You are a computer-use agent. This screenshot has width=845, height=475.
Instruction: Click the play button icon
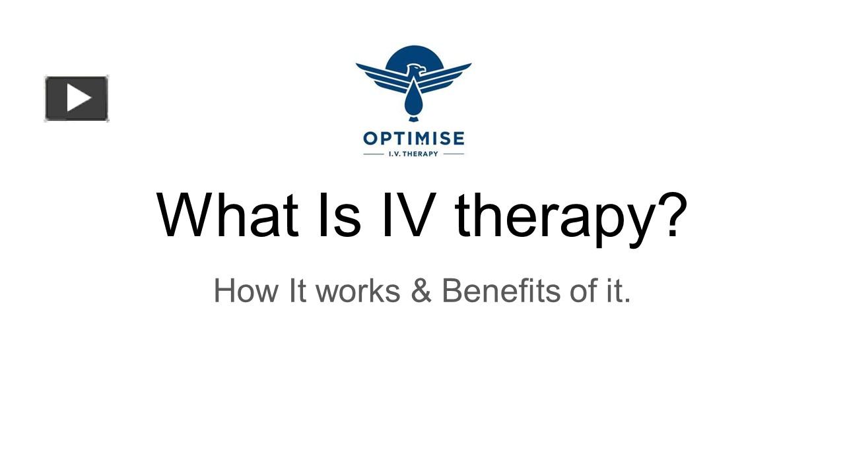77,98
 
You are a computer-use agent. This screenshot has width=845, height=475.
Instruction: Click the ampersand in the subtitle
421,291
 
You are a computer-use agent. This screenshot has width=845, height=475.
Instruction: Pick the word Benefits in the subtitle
502,291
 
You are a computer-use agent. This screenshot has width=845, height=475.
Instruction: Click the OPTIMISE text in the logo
414,139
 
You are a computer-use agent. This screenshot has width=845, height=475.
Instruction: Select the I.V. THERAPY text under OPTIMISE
414,154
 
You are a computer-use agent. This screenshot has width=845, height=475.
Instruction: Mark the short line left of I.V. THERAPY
373,154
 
